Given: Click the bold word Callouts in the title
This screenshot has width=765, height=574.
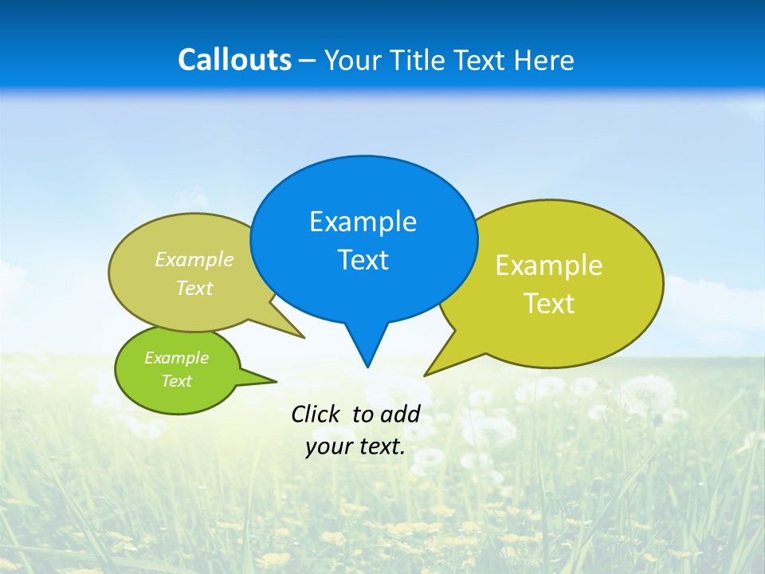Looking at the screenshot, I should click(234, 60).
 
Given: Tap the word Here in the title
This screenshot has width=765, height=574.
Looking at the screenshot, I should click(545, 60).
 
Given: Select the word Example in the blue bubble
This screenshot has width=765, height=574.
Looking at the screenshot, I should click(363, 222).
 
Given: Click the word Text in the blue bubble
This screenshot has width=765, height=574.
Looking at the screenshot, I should click(363, 260).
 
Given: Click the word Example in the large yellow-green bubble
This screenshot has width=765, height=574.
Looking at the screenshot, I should click(549, 265).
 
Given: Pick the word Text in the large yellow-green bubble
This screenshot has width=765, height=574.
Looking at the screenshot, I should click(549, 304).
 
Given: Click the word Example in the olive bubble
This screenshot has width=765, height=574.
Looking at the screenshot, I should click(194, 260).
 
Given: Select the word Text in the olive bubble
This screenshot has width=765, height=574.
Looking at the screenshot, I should click(194, 288).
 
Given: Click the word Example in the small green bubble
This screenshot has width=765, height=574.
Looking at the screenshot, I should click(176, 358).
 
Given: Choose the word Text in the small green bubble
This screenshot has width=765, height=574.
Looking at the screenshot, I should click(176, 381).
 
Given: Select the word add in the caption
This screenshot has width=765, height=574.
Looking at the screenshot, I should click(399, 414).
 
